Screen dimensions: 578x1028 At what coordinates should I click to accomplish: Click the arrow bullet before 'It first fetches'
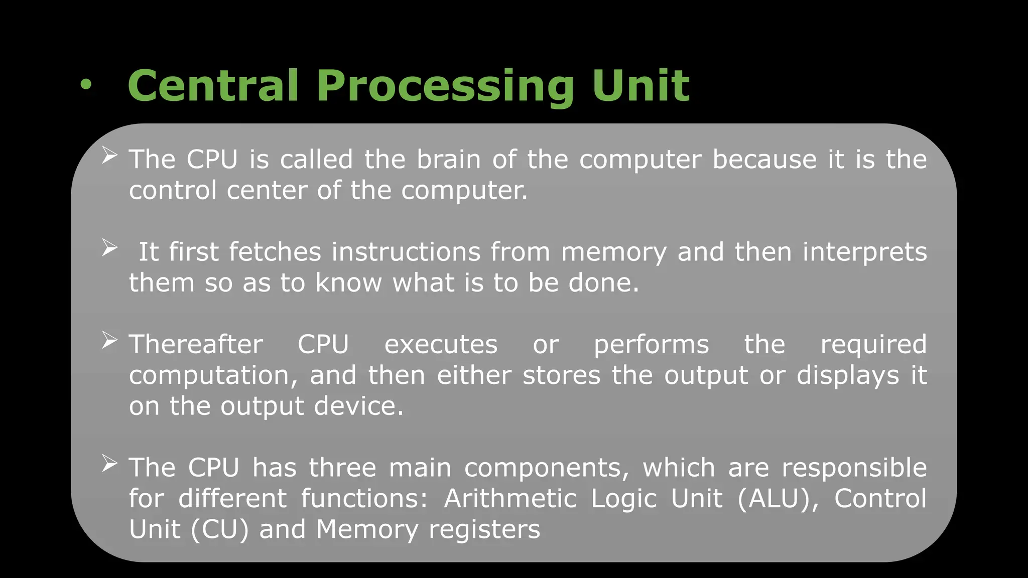[x=109, y=248]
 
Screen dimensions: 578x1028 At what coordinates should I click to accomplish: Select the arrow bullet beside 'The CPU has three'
[x=109, y=464]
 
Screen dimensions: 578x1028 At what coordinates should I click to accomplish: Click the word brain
[x=449, y=160]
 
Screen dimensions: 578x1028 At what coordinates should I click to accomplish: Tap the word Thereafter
[x=196, y=345]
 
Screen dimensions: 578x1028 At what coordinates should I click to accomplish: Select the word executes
[x=441, y=345]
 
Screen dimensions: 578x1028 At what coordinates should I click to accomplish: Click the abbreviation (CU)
[x=219, y=530]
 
